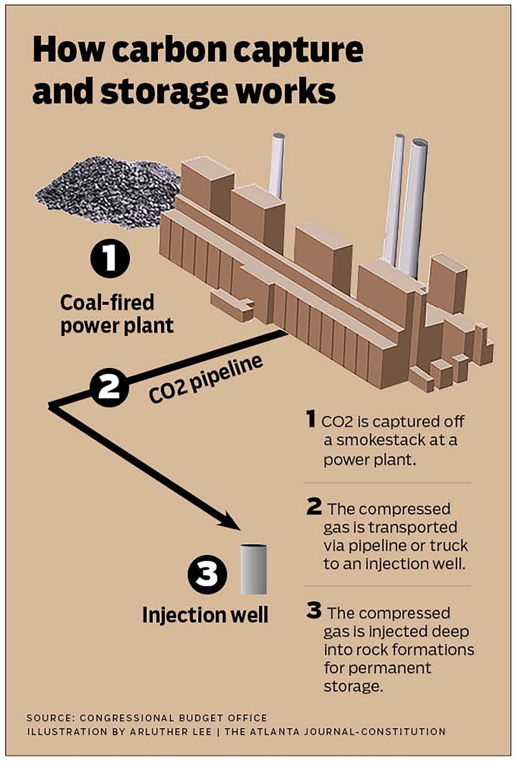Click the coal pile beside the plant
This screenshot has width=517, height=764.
coord(108,194)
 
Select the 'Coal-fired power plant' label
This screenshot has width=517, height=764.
coord(117,314)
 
